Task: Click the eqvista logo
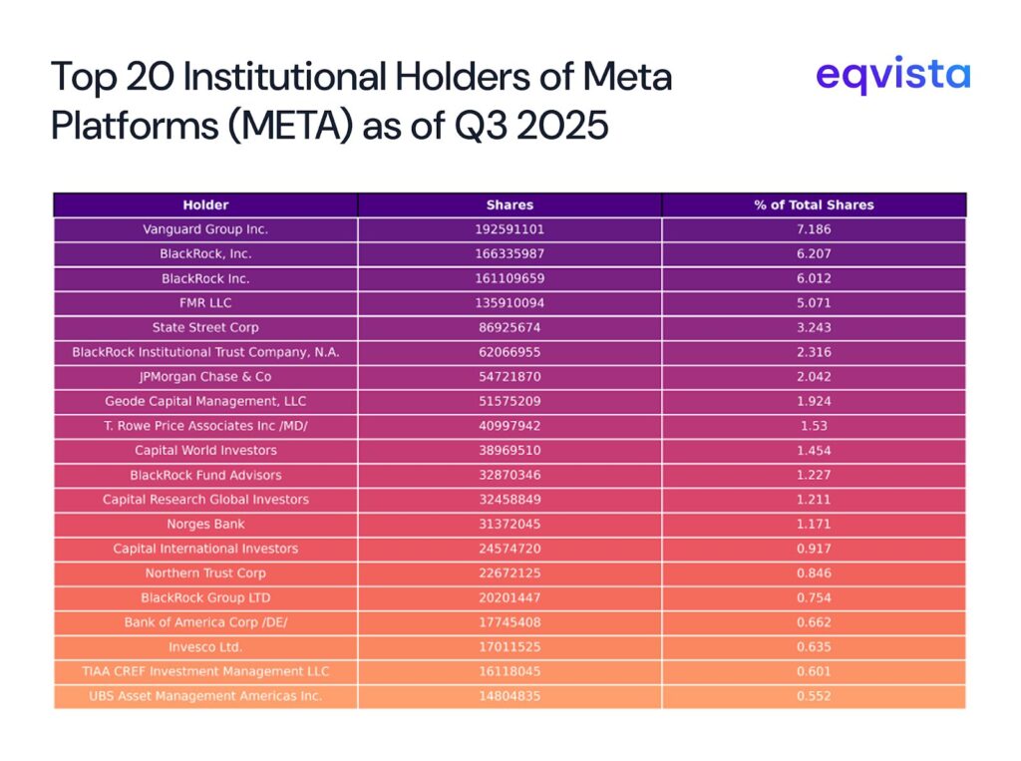click(x=891, y=76)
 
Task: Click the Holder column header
click(x=205, y=204)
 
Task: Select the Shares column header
click(x=510, y=204)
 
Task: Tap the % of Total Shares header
click(x=814, y=204)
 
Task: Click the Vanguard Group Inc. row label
click(x=205, y=229)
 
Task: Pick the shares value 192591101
click(x=510, y=229)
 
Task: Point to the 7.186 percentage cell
click(x=814, y=229)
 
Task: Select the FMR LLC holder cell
click(x=205, y=303)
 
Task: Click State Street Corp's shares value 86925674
click(x=510, y=327)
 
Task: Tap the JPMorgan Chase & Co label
click(x=205, y=377)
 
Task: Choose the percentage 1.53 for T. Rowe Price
click(x=814, y=426)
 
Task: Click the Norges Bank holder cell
click(x=205, y=524)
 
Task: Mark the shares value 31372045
click(x=510, y=524)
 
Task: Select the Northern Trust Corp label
click(x=205, y=573)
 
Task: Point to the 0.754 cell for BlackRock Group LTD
click(x=814, y=597)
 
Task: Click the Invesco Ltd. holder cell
click(x=205, y=646)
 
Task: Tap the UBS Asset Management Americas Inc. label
click(x=205, y=696)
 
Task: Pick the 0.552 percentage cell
click(x=814, y=696)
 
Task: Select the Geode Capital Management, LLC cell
click(x=205, y=401)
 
